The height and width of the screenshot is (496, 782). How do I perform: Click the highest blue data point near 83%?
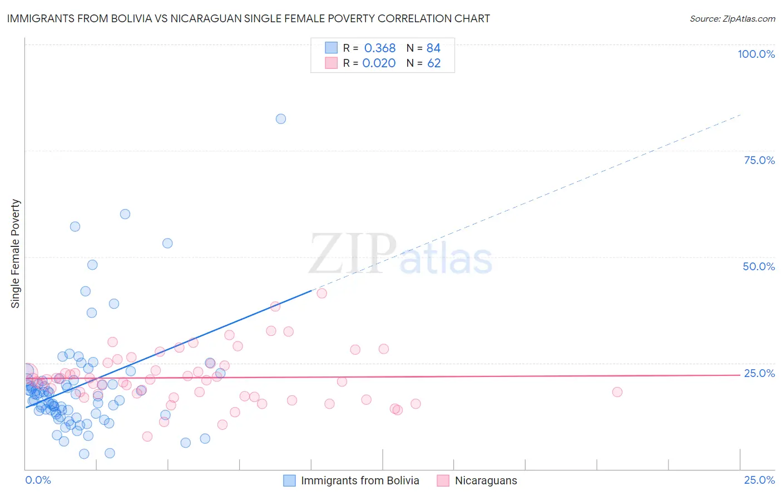(x=281, y=119)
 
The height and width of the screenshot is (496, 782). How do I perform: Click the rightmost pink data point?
(x=617, y=392)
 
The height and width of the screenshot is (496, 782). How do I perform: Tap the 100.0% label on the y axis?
(x=756, y=54)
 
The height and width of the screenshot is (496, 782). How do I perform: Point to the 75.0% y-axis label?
(x=759, y=160)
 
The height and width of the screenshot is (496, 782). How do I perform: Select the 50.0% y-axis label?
(x=759, y=266)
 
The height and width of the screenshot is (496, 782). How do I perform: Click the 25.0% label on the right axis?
(x=759, y=373)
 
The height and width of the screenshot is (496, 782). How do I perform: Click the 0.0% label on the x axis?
(x=38, y=480)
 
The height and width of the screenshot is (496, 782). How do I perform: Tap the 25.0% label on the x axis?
(x=759, y=480)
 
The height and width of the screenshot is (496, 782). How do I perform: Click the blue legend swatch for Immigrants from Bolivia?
(x=289, y=480)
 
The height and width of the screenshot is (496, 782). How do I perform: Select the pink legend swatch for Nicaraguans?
(x=443, y=480)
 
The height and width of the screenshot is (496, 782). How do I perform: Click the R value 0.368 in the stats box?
(x=380, y=48)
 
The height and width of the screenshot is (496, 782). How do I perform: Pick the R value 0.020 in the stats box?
(x=379, y=63)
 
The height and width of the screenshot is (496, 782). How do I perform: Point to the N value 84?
(x=433, y=48)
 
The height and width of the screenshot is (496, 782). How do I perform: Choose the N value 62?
(x=434, y=63)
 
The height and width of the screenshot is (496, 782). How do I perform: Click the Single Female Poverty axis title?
(x=16, y=254)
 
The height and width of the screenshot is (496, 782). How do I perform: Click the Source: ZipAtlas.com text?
(x=732, y=19)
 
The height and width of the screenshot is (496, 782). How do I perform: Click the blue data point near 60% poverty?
(x=125, y=214)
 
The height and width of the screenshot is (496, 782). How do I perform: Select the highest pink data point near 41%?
(x=321, y=294)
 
